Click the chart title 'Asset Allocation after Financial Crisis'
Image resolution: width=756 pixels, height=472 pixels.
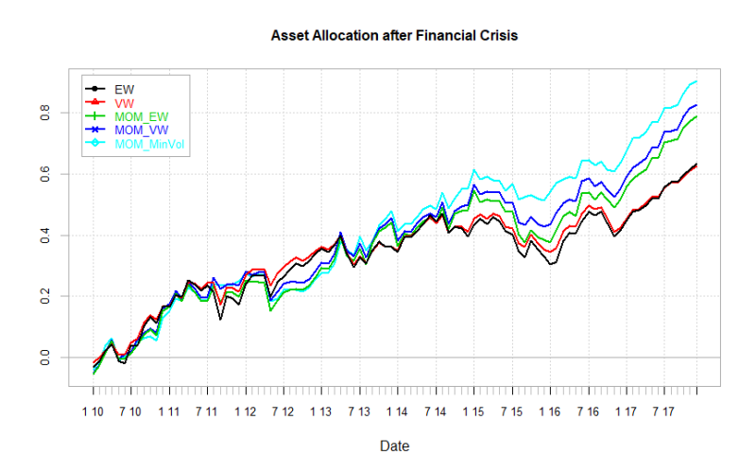(x=394, y=35)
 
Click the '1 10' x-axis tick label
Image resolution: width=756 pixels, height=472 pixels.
(x=93, y=412)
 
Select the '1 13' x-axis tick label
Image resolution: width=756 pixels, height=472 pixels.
(x=320, y=412)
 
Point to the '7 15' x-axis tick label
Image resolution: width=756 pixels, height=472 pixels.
(x=511, y=412)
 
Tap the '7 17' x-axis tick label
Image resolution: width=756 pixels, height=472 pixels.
(x=662, y=412)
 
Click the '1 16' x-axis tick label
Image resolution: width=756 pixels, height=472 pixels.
(x=549, y=412)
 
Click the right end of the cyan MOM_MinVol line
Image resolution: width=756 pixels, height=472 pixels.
(x=697, y=81)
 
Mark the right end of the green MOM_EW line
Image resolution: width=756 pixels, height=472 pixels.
(x=697, y=116)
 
